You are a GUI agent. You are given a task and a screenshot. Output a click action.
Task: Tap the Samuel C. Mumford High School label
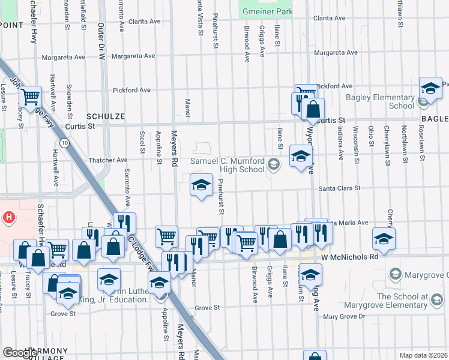[x=228, y=165]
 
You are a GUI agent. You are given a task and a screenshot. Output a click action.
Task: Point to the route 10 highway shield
[x=64, y=143]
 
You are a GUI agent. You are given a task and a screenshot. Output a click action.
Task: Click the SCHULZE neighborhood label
[x=105, y=116]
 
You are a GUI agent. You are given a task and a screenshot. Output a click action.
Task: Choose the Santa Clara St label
[x=339, y=188]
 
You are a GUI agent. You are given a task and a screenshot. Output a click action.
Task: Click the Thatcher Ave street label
[x=108, y=160]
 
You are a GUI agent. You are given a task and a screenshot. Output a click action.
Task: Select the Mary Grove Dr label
[x=344, y=316]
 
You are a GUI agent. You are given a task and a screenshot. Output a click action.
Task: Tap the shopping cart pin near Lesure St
[x=30, y=96]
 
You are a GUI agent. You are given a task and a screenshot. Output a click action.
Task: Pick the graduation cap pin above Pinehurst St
[x=202, y=184]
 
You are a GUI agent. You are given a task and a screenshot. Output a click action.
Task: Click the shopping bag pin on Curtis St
[x=313, y=110]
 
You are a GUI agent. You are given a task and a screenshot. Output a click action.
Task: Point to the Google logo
[x=19, y=353]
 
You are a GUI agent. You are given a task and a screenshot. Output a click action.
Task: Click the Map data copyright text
[x=424, y=355]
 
